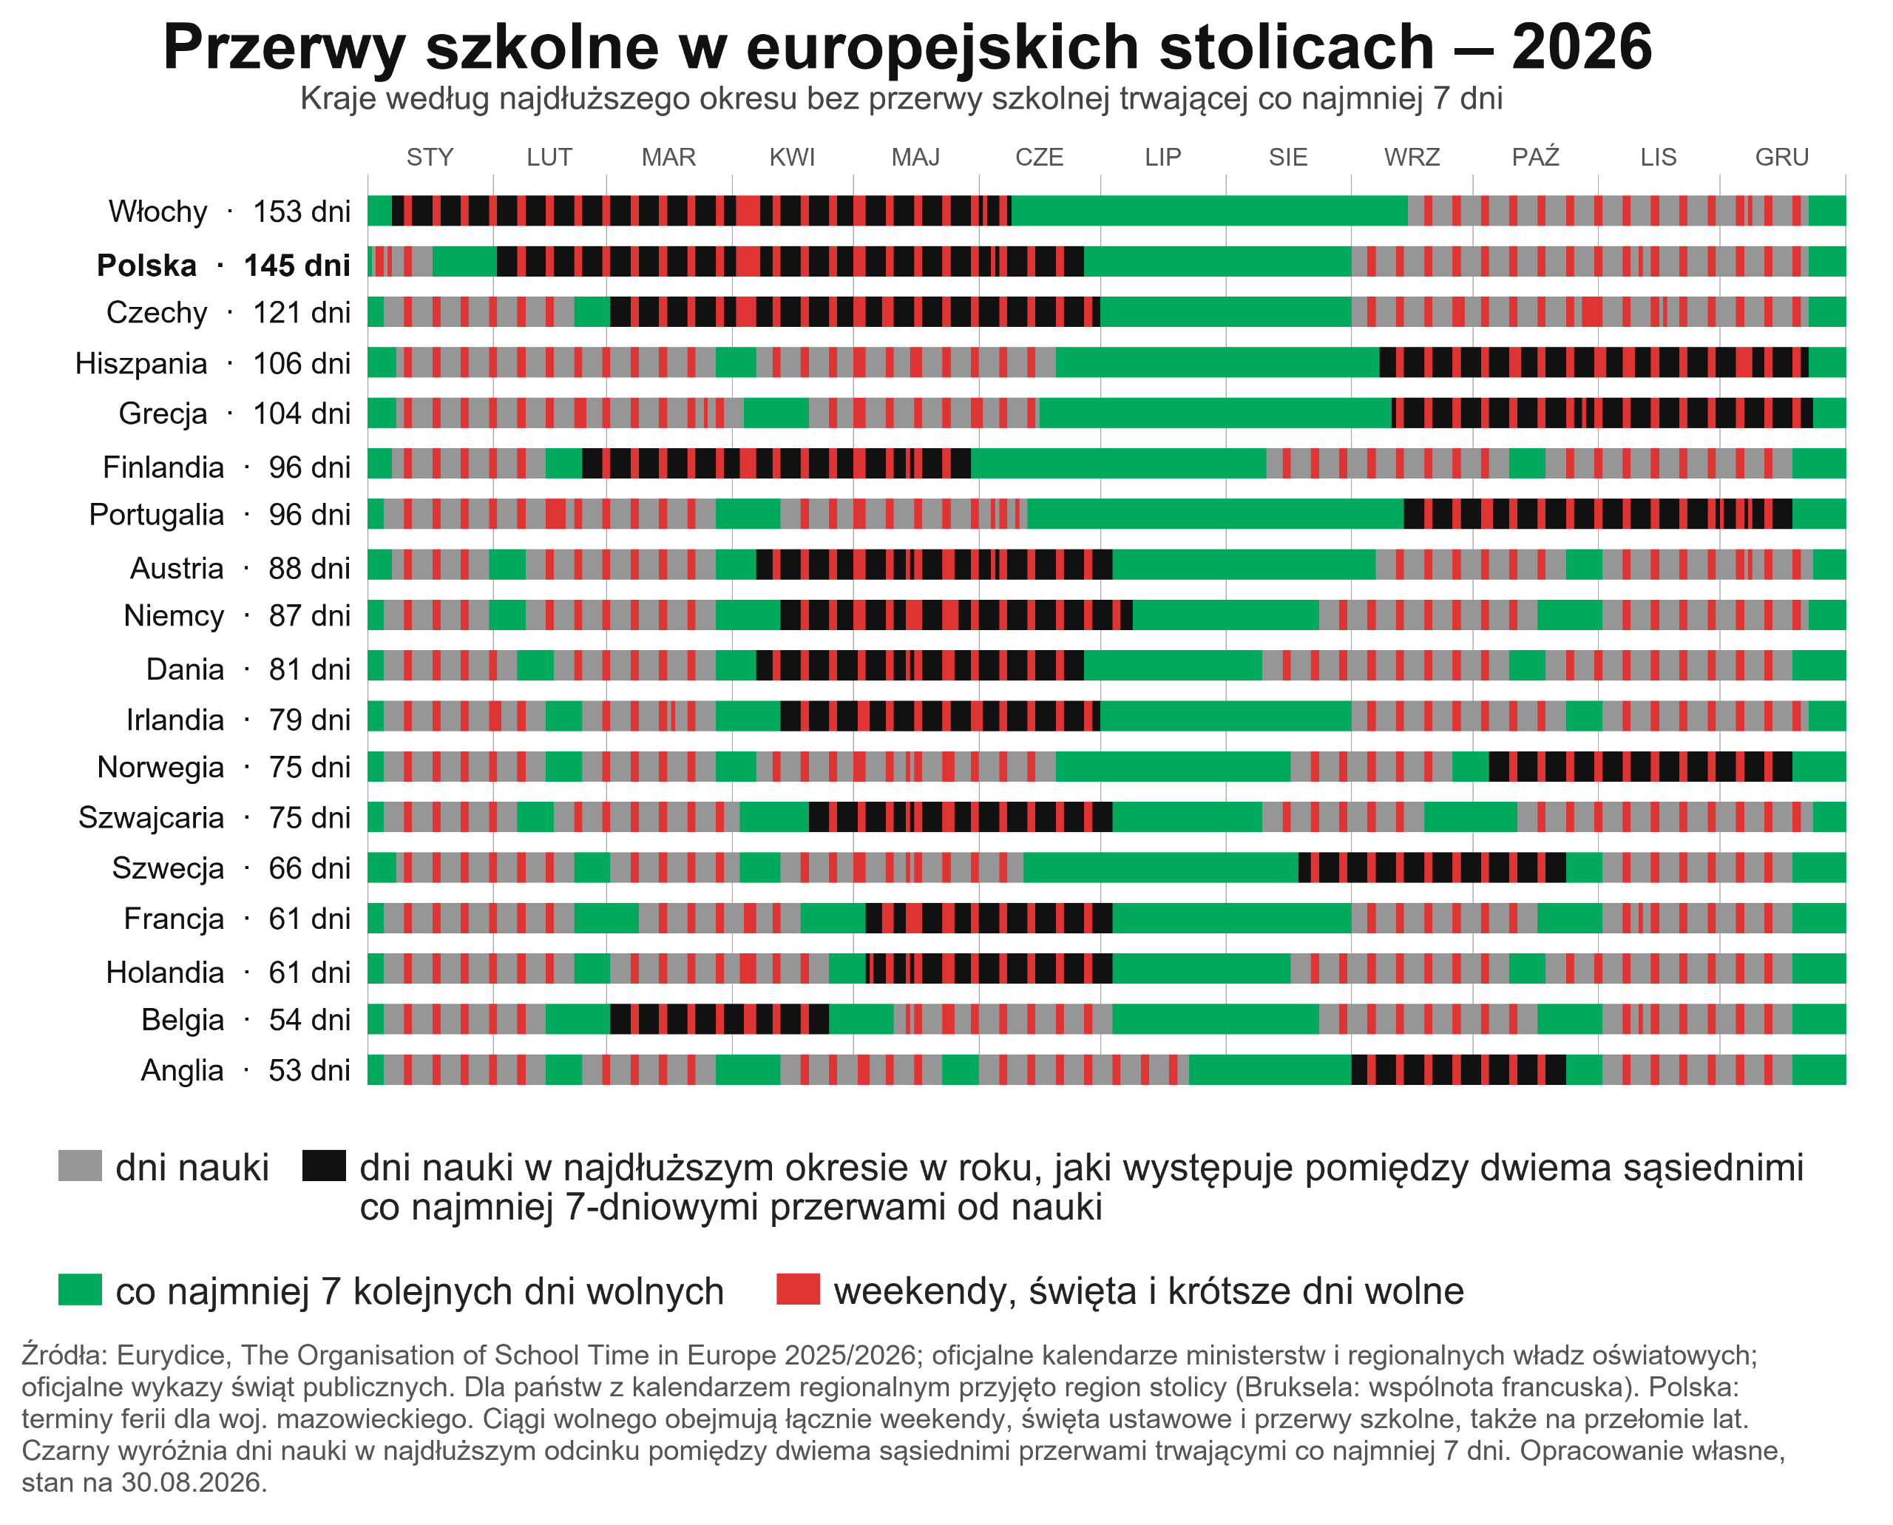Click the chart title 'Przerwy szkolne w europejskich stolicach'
798,47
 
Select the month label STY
430,158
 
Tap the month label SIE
1288,158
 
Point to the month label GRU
1781,158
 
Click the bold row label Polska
146,266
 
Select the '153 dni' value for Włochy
301,212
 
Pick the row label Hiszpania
141,364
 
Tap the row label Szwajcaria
151,818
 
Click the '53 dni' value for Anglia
309,1071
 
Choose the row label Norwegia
160,768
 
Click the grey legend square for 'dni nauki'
80,1166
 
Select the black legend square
323,1166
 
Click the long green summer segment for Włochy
1210,211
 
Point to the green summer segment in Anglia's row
1270,1070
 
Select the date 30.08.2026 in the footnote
192,1483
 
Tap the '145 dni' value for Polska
297,266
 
